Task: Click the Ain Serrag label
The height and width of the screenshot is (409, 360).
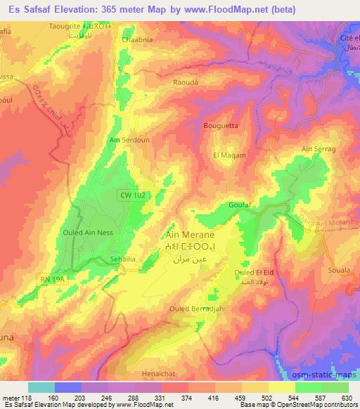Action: [315, 149]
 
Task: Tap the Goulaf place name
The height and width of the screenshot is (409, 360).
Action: [238, 204]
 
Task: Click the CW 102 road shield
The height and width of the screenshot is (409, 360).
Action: [129, 201]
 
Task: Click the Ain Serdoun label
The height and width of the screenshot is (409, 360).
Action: [128, 140]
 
